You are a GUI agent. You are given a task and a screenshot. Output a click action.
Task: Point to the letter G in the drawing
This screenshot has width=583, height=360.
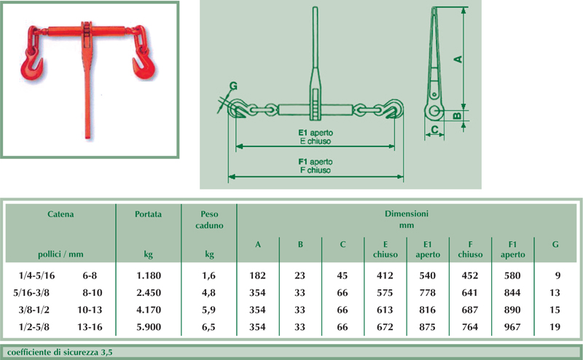click(233, 86)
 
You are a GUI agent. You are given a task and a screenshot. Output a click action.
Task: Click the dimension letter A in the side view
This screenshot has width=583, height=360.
click(458, 59)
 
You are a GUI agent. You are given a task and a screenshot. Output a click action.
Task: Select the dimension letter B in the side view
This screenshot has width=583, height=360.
click(458, 116)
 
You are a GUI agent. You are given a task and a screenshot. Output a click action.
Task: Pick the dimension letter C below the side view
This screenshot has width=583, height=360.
click(434, 130)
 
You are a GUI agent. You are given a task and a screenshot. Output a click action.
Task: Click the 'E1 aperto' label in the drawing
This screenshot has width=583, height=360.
click(316, 133)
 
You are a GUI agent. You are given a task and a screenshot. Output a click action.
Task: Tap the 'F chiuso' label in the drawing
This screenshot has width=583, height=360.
click(316, 171)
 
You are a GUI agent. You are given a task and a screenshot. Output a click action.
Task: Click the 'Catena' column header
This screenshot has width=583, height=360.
click(60, 214)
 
